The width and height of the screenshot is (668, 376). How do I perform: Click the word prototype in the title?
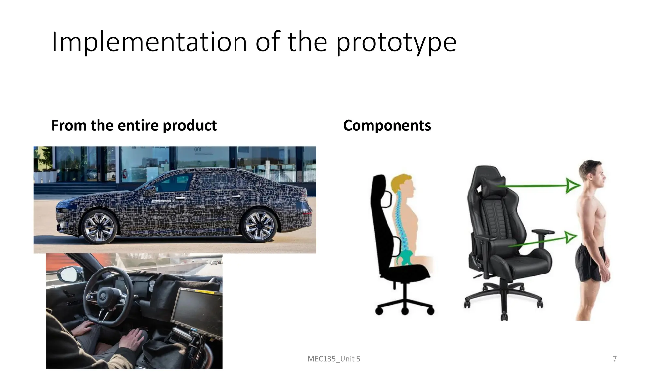(396, 42)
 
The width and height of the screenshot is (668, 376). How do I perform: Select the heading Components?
(387, 125)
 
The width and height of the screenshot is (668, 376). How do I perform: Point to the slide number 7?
(615, 359)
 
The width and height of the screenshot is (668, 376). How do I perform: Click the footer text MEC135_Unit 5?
(334, 359)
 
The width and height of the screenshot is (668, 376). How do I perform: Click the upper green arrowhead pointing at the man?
(572, 186)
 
